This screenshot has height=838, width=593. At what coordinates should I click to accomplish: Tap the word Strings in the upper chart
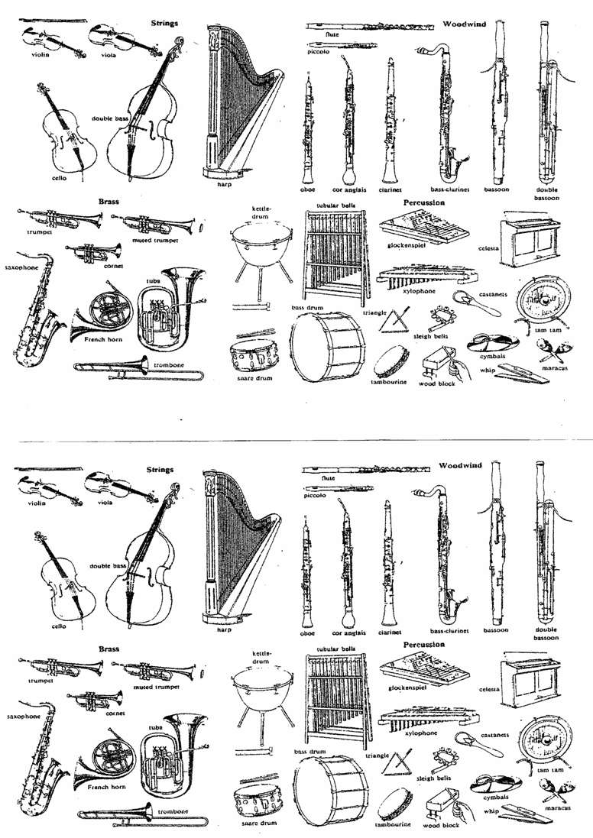coord(164,23)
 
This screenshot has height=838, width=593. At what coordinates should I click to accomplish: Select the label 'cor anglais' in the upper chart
coord(349,189)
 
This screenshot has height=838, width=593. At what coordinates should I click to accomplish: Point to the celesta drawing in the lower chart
coord(530,679)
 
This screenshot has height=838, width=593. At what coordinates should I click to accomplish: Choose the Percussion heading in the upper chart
coord(424,202)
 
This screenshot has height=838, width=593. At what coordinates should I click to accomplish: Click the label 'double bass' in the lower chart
coord(108,566)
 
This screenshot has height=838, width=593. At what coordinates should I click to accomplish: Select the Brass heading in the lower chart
coord(109,649)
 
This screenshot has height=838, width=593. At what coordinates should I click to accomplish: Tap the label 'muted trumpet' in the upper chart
coord(155,241)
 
